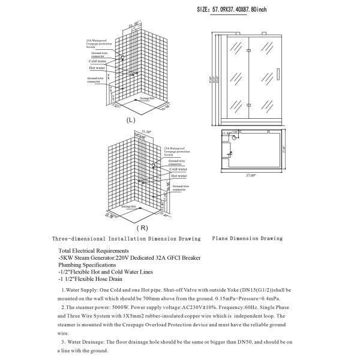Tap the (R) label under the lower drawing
tap(142, 228)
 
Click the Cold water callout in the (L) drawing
tap(97, 61)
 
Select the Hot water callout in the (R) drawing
tap(178, 176)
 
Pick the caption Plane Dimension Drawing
tap(247, 238)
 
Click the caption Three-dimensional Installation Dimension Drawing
tap(126, 238)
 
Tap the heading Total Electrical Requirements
tap(93, 250)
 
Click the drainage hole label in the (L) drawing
tap(148, 97)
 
